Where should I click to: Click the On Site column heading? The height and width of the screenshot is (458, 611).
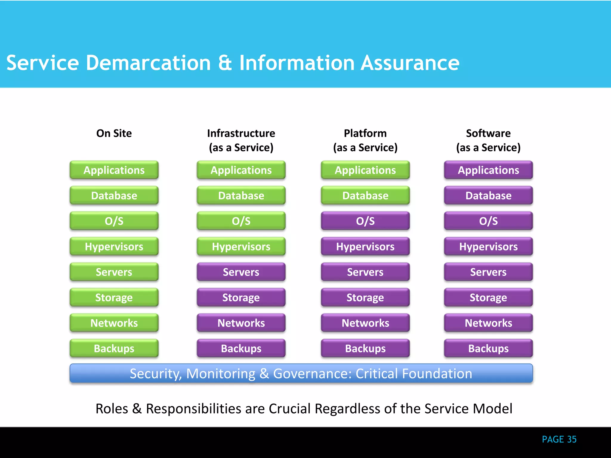coord(114,133)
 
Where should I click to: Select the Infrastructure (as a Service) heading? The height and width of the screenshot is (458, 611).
coord(241,140)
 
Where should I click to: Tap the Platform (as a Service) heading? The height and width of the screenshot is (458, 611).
coord(365,140)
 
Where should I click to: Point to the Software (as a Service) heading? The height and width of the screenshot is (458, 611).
coord(488,140)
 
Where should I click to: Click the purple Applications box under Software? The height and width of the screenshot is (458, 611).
coord(488,170)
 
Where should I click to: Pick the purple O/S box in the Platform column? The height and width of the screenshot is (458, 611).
coord(365,221)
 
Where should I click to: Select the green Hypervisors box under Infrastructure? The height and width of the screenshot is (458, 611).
coord(241,247)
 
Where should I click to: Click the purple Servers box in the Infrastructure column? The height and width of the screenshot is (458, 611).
coord(241,272)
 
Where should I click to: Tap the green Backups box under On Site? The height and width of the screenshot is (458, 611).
coord(114,348)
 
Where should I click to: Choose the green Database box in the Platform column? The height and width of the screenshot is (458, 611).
coord(365,196)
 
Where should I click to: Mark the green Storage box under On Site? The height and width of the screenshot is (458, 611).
coord(114,297)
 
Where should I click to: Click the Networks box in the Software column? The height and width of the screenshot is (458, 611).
coord(488,323)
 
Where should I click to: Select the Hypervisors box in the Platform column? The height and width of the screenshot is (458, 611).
coord(365,247)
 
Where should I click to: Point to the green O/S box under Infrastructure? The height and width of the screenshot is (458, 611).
coord(241,221)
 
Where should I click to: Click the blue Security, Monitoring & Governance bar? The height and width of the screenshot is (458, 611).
coord(301,373)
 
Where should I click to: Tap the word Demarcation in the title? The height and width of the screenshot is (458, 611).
coord(148,63)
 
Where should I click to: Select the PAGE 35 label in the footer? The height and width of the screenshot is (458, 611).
coord(559,439)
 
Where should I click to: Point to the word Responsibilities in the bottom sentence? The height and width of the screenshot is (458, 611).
coord(193,409)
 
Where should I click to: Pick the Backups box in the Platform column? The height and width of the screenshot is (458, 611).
coord(365,348)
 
